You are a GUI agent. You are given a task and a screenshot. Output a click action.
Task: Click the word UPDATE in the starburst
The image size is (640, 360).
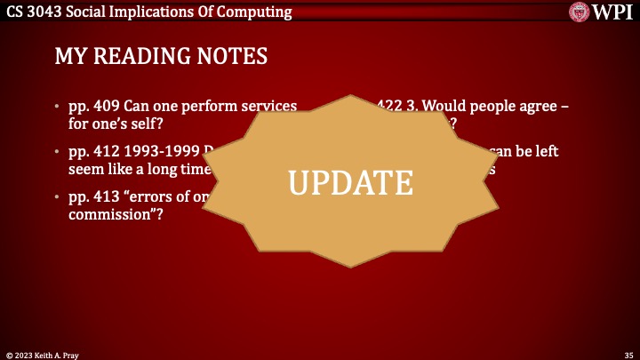coord(351,181)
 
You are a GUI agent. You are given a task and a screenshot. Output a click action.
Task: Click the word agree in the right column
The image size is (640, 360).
coord(534,107)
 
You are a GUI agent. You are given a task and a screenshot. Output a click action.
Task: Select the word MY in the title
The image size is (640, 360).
coord(71,57)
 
